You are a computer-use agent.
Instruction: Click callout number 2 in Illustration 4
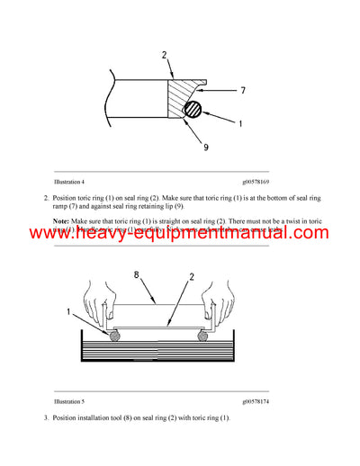point(164,55)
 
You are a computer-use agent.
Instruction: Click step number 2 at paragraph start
point(45,197)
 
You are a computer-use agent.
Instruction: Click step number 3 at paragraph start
point(45,418)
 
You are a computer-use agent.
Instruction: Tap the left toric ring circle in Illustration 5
point(115,337)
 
